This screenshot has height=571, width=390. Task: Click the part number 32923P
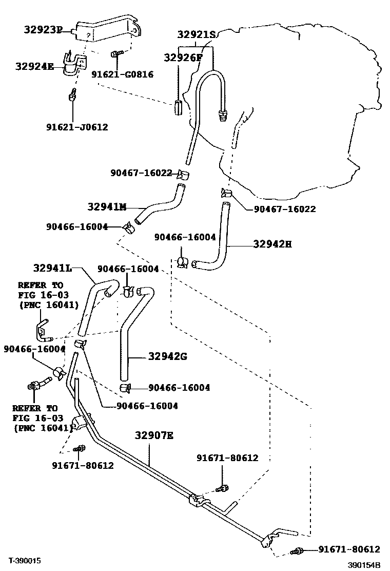click(x=42, y=30)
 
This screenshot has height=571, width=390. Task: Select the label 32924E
click(x=34, y=66)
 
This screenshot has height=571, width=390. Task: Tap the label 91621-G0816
click(x=122, y=74)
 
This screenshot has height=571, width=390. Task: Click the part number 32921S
click(x=197, y=34)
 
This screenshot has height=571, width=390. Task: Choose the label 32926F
click(x=183, y=58)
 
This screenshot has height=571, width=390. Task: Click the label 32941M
click(x=107, y=207)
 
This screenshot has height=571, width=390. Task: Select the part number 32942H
click(x=272, y=244)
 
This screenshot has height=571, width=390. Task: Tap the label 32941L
click(x=52, y=268)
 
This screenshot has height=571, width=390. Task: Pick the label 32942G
click(x=168, y=356)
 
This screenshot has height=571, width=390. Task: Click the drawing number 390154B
click(x=364, y=565)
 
